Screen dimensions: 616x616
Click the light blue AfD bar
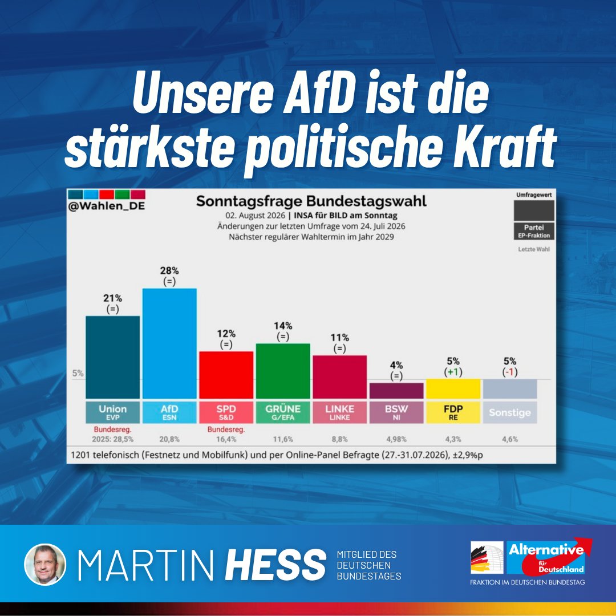point(169,343)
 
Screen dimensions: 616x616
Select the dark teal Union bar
point(113,357)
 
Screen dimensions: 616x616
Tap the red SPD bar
point(226,375)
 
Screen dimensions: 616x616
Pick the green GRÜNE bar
point(283,371)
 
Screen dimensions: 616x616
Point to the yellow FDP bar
point(453,389)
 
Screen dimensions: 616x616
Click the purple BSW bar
point(396,391)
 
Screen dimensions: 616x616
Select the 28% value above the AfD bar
point(169,271)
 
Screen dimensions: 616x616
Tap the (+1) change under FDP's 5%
point(453,372)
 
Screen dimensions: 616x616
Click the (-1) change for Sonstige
point(510,372)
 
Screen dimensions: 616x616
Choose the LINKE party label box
point(340,412)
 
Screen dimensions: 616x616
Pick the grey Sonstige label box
point(510,412)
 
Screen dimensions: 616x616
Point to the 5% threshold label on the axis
point(78,373)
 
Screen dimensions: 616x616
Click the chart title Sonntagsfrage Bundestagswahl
point(311,201)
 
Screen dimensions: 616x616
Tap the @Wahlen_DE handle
point(107,206)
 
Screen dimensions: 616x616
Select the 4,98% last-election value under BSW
point(396,439)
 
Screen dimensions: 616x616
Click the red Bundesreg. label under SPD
point(226,429)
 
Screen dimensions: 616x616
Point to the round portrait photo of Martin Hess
point(45,565)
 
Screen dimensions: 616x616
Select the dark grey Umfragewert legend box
point(534,210)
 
